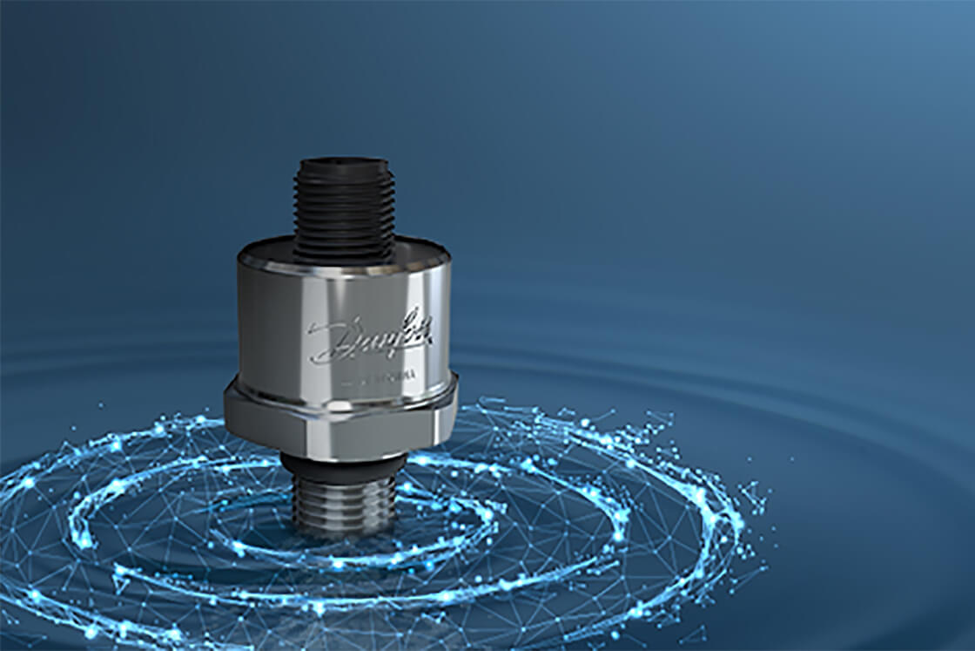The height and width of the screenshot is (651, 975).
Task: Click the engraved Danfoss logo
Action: [x=370, y=336]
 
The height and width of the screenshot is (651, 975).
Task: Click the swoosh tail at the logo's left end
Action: [x=315, y=357]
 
